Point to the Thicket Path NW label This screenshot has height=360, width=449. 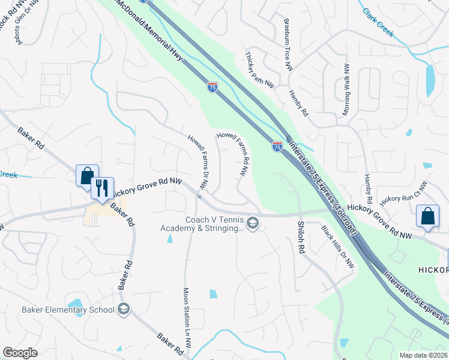click(259, 70)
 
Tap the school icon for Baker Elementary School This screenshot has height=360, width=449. click(124, 310)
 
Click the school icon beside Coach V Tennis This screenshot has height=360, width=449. click(253, 223)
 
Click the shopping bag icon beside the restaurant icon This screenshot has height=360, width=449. click(87, 176)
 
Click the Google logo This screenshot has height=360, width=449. click(20, 353)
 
